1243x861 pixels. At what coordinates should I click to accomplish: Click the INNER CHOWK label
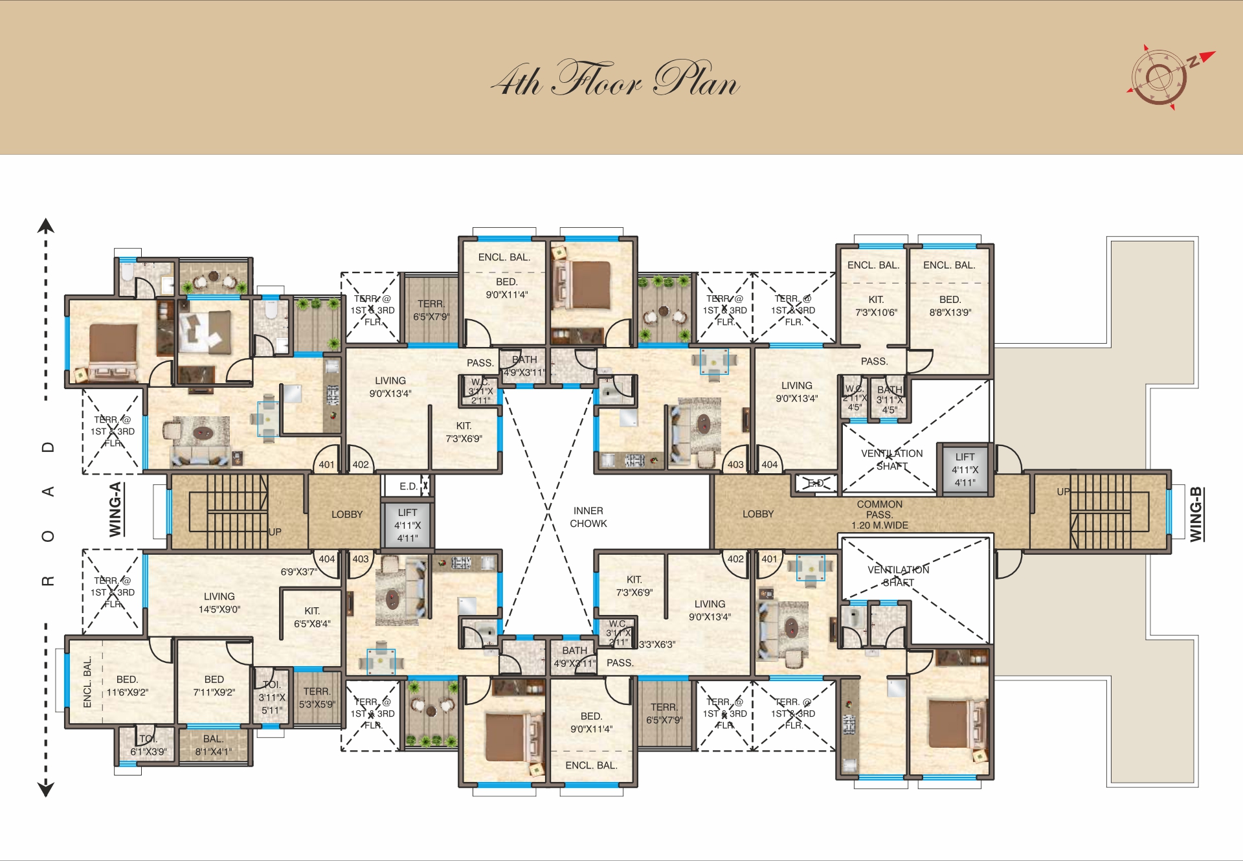588,517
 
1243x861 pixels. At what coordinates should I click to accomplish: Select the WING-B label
1196,514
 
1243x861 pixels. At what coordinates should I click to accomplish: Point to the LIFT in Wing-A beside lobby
407,525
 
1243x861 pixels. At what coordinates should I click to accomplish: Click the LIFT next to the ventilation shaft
965,469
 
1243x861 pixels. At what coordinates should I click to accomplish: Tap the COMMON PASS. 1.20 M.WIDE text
879,515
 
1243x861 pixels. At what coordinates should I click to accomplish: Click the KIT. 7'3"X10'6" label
876,306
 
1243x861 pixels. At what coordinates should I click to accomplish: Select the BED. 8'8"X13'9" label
950,306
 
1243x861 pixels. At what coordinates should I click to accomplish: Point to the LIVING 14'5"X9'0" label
219,603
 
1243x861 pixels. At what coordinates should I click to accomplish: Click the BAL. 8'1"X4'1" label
213,745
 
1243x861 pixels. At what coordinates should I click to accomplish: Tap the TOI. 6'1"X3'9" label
148,745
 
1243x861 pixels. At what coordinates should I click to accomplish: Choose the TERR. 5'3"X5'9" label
317,698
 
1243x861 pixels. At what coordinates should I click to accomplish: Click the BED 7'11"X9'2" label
214,686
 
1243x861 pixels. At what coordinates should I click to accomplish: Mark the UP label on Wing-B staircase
1063,492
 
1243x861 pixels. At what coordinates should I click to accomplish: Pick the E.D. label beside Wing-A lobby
409,486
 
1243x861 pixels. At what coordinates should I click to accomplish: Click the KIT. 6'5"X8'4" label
312,617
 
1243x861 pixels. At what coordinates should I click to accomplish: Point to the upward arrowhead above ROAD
45,226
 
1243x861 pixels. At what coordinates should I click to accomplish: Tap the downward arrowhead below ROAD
45,788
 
